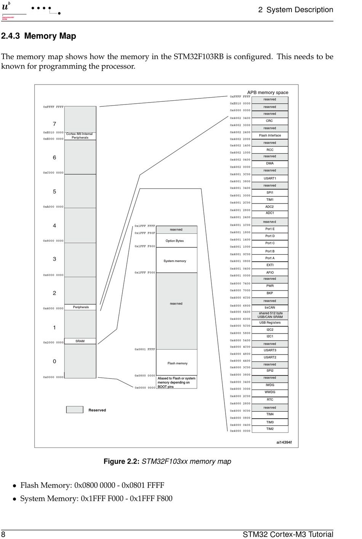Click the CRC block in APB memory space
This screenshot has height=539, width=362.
[269, 121]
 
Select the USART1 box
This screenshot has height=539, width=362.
[270, 178]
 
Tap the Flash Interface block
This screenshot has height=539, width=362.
[270, 135]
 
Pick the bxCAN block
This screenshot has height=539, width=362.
[270, 308]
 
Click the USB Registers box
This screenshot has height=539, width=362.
[270, 322]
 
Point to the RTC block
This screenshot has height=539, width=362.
[270, 399]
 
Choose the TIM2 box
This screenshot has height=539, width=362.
[270, 429]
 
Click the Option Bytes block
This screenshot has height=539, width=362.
[175, 241]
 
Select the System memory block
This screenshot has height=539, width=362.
[175, 261]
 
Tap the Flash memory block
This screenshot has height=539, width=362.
[177, 363]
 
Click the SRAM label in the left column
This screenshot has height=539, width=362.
[80, 341]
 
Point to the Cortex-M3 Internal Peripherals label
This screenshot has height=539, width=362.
[80, 136]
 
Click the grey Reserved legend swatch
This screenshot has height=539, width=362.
[75, 410]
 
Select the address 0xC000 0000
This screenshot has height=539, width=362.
[53, 173]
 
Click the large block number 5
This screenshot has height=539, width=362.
[54, 191]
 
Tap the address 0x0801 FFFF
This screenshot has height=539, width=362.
[145, 349]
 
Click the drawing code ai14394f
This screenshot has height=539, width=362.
[284, 442]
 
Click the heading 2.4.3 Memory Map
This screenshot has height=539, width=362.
[38, 36]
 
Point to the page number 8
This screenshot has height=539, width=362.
[3, 534]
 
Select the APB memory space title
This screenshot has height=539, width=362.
[267, 93]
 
